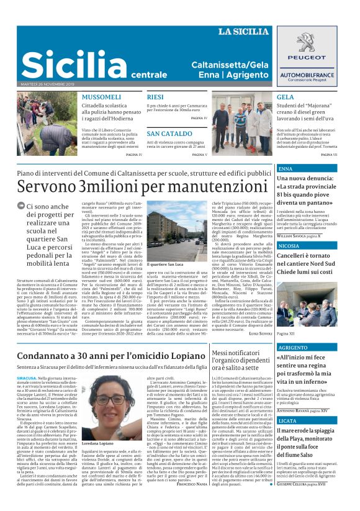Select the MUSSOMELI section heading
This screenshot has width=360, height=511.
[x=101, y=97]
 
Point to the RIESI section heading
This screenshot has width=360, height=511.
[x=155, y=97]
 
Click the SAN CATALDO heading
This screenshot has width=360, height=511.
[x=169, y=134]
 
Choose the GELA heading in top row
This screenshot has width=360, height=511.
[x=285, y=97]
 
